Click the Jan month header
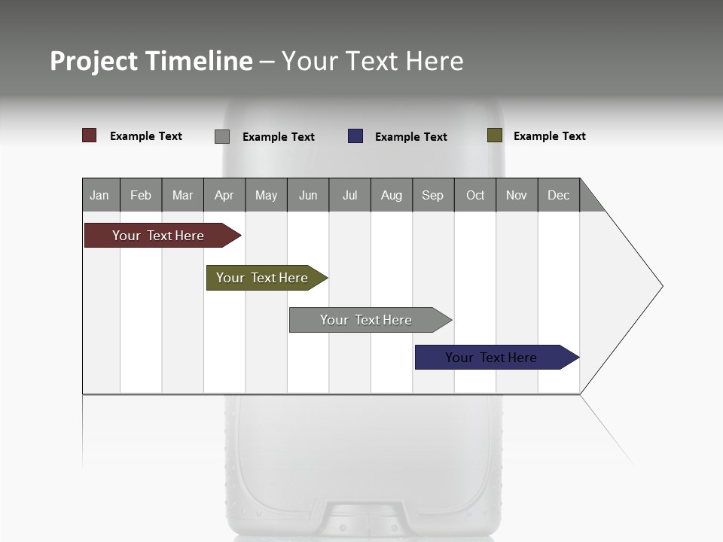(x=100, y=195)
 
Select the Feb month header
(x=141, y=195)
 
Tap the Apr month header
(x=224, y=195)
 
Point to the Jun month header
(x=308, y=195)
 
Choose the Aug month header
(x=392, y=195)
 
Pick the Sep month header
(x=433, y=195)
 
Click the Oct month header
(x=475, y=195)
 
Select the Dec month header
(x=559, y=195)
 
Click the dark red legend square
(x=90, y=135)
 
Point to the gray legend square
(x=222, y=136)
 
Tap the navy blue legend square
(x=355, y=136)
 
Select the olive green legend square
(x=495, y=135)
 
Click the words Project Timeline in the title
(x=151, y=61)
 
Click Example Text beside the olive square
(x=549, y=136)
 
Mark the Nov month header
(x=517, y=195)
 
